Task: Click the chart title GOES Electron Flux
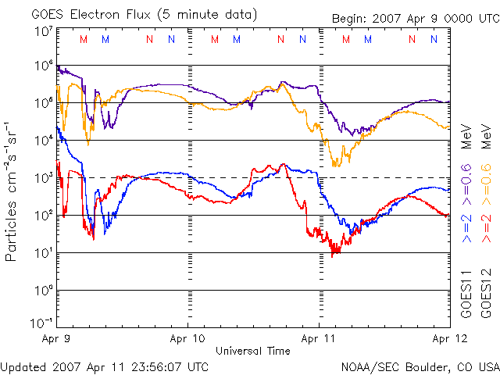pyautogui.click(x=91, y=15)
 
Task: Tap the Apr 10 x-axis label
pyautogui.click(x=187, y=338)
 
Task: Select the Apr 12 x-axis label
pyautogui.click(x=450, y=338)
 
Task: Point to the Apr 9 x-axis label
pyautogui.click(x=55, y=338)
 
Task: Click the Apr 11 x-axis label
pyautogui.click(x=318, y=338)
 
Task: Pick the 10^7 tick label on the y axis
pyautogui.click(x=44, y=32)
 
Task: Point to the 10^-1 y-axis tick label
pyautogui.click(x=41, y=323)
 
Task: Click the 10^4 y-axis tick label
pyautogui.click(x=44, y=140)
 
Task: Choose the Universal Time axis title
pyautogui.click(x=253, y=351)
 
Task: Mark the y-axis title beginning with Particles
pyautogui.click(x=11, y=191)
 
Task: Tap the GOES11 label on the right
pyautogui.click(x=466, y=294)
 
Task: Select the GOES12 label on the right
pyautogui.click(x=486, y=294)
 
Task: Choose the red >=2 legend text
pyautogui.click(x=486, y=228)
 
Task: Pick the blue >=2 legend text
pyautogui.click(x=466, y=228)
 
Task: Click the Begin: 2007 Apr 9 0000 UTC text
pyautogui.click(x=416, y=19)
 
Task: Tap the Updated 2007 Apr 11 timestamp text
pyautogui.click(x=104, y=367)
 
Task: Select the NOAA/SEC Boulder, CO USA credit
pyautogui.click(x=420, y=367)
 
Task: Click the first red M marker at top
pyautogui.click(x=84, y=39)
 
